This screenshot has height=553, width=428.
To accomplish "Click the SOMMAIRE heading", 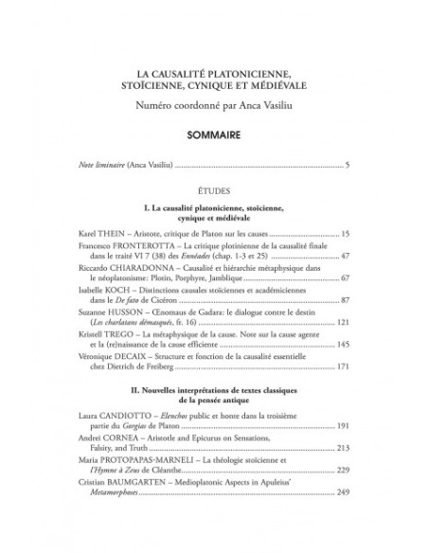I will [213, 134].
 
